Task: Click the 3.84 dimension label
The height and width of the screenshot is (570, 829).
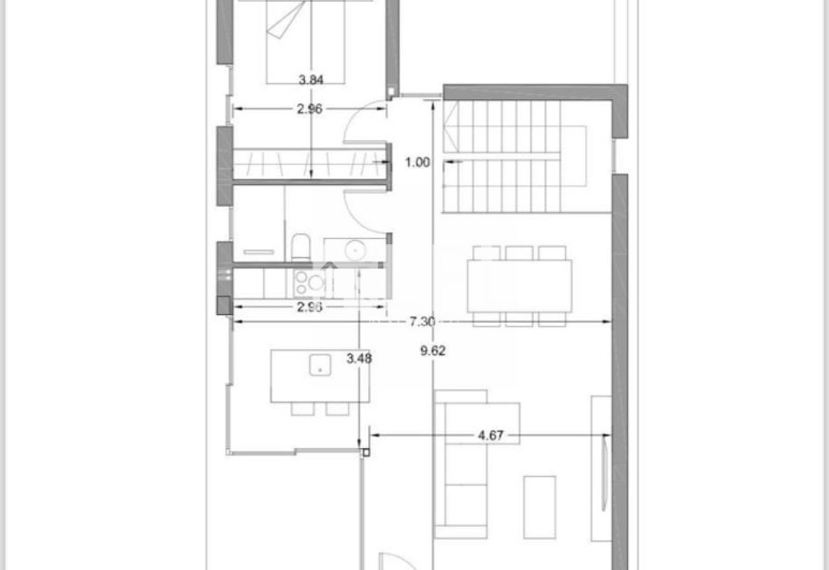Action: [311, 80]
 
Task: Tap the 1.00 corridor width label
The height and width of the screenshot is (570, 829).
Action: [418, 162]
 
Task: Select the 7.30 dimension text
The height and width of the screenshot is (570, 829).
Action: [422, 322]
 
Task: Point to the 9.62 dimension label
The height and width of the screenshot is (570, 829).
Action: [433, 350]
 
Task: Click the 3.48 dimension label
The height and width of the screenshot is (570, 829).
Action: [359, 358]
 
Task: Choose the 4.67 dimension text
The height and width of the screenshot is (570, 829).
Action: [491, 435]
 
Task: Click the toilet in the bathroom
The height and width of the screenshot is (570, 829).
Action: [301, 247]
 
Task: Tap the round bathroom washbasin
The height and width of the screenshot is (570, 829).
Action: [356, 251]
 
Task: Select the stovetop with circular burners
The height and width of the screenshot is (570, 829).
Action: [310, 284]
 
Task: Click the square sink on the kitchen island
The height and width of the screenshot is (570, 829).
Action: [320, 365]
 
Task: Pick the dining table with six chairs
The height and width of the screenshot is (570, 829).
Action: [519, 286]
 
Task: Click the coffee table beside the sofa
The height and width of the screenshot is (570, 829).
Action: [539, 507]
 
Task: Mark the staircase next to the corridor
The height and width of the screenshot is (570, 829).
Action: [514, 157]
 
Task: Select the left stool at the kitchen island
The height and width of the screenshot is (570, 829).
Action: [302, 409]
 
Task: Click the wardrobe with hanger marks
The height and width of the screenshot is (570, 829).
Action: [310, 164]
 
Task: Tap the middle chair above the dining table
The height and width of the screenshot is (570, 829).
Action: [519, 253]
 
